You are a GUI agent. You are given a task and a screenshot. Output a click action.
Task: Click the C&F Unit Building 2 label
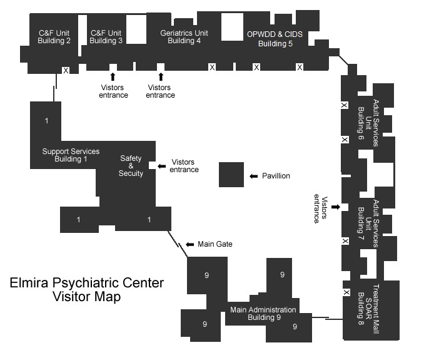pos(54,37)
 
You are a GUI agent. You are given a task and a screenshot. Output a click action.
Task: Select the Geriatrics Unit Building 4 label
pos(184,37)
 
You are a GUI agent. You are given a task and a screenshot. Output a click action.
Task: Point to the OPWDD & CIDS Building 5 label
pos(275,39)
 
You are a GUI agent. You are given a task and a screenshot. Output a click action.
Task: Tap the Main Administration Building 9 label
pos(263,314)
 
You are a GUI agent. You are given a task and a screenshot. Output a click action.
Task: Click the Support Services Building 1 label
pos(71,155)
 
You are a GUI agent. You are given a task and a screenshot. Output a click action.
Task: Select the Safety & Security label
pos(131,166)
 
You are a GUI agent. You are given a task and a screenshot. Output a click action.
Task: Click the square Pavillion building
pos(231,174)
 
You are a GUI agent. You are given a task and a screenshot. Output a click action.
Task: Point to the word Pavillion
pos(276,177)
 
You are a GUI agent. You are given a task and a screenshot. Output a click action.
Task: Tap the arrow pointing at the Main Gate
pos(190,244)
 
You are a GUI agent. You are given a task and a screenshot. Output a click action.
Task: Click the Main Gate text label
pos(215,244)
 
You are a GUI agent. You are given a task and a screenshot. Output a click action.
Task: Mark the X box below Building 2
pos(66,70)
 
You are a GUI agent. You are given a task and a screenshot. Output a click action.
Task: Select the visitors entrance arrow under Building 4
pos(161,76)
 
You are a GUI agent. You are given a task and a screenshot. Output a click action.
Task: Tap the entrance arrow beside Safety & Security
pos(161,166)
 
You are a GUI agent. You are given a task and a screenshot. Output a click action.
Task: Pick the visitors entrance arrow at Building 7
pos(336,207)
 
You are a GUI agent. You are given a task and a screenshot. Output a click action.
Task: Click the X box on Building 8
pos(346,292)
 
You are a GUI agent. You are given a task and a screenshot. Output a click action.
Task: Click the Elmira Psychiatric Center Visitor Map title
pos(87,289)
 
